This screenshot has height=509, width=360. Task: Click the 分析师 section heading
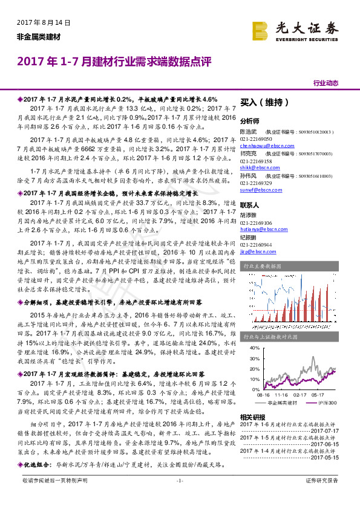[250, 121]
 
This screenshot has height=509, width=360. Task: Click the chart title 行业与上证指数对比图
[270, 337]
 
